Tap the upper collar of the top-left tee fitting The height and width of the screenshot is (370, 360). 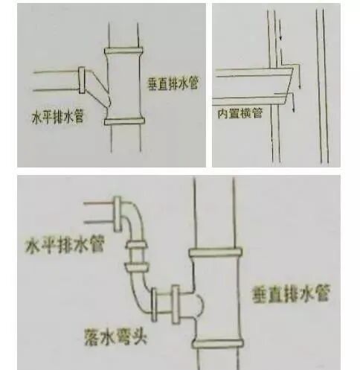124,53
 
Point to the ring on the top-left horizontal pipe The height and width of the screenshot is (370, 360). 83,77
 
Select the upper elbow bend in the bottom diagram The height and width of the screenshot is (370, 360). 134,220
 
